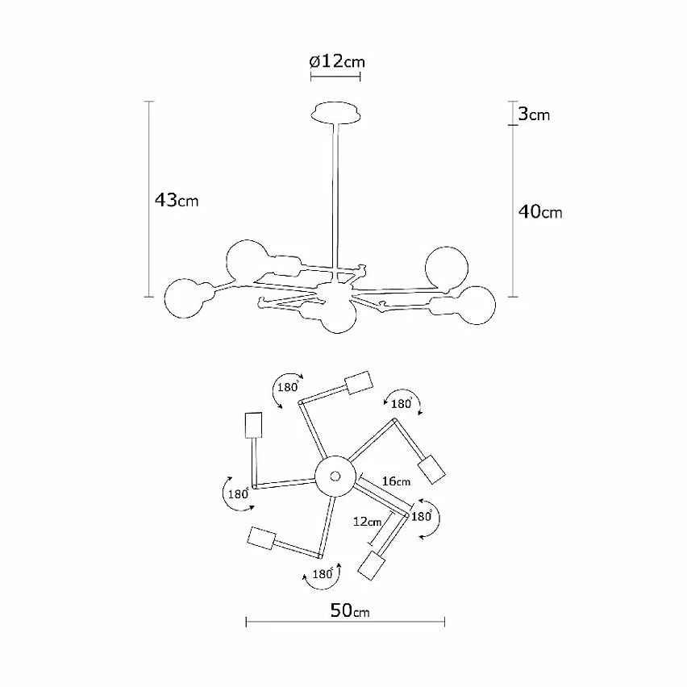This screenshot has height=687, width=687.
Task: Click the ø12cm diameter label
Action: click(x=337, y=61)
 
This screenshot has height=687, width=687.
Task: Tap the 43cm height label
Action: click(x=177, y=200)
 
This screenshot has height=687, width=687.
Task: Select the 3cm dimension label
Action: click(x=534, y=114)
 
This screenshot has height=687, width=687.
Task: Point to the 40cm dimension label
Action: click(x=540, y=212)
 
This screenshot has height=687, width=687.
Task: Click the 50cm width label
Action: click(x=350, y=610)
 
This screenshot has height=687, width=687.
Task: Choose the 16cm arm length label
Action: click(x=396, y=481)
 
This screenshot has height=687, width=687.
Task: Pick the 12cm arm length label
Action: click(x=367, y=522)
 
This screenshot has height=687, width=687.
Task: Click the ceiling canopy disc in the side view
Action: click(x=336, y=113)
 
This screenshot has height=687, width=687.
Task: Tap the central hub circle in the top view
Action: click(x=335, y=476)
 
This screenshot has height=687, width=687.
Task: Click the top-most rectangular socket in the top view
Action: click(x=359, y=383)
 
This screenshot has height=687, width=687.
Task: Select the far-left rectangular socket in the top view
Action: click(x=253, y=425)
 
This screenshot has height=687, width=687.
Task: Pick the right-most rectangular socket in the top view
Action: click(x=431, y=469)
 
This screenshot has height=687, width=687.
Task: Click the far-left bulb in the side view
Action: click(x=184, y=298)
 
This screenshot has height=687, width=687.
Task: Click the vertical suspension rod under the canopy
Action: click(x=335, y=196)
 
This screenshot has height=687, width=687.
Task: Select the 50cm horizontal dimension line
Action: click(x=345, y=622)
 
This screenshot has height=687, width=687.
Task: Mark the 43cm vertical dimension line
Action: click(x=149, y=199)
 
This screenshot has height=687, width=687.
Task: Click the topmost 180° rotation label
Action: click(x=287, y=387)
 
